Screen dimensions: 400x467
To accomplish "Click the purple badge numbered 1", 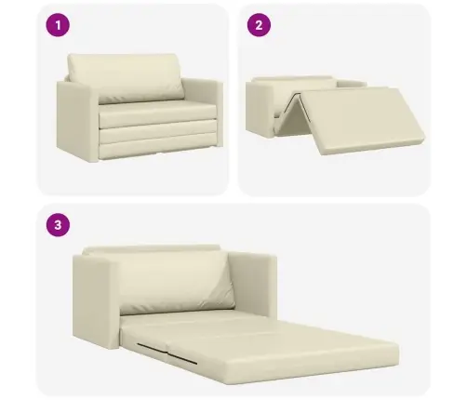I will click(59, 25).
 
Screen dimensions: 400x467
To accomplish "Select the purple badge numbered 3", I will click(59, 224).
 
